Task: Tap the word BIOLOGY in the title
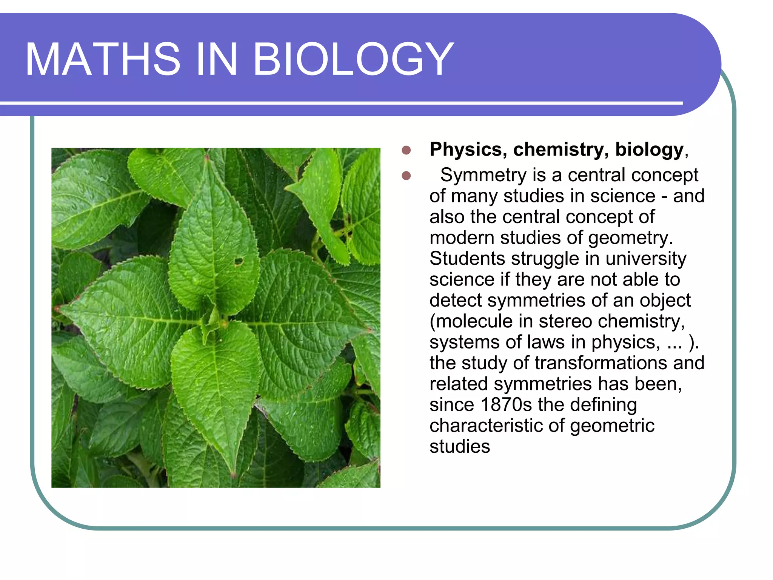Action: point(354,59)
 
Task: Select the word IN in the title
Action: point(216,59)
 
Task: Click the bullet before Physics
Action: point(406,150)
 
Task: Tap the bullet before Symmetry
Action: point(406,176)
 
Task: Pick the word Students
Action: point(467,259)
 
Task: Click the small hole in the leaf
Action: point(239,261)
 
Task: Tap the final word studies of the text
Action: point(460,446)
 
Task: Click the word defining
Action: point(603,405)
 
